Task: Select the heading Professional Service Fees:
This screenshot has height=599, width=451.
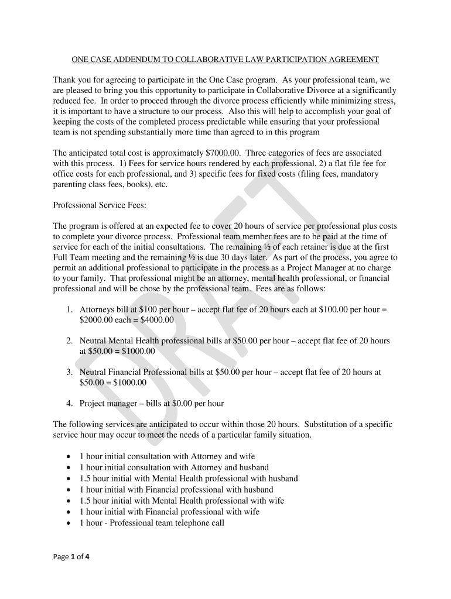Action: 100,205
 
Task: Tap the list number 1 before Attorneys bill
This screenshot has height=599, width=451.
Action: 69,309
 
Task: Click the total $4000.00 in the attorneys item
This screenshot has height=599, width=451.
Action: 155,320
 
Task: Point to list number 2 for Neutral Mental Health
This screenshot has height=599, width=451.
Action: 69,340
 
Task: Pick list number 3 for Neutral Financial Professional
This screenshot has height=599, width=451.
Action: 69,371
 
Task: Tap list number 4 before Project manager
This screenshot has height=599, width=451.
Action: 69,403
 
